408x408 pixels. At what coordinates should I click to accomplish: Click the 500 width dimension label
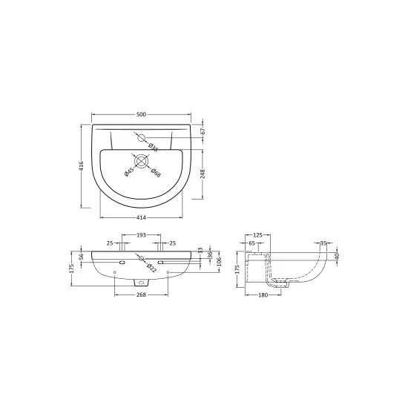[142, 114]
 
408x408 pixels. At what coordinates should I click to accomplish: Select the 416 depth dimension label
[81, 166]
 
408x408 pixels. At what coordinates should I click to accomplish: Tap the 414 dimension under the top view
[141, 217]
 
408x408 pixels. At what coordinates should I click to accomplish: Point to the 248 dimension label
[203, 174]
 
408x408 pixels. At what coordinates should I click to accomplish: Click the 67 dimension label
[203, 131]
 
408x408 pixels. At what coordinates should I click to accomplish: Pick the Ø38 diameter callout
[153, 148]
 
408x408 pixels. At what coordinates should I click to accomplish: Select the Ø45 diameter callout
[129, 172]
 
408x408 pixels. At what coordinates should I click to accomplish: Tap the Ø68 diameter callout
[156, 173]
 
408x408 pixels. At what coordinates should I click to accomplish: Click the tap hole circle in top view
[141, 137]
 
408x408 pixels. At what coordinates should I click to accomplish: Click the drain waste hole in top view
[141, 160]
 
